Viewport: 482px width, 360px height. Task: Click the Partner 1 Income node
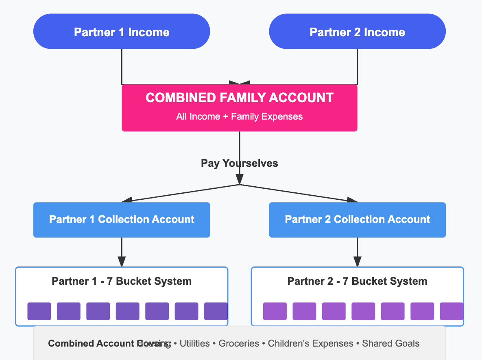pyautogui.click(x=121, y=32)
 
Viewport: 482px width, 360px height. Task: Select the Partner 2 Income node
pyautogui.click(x=357, y=32)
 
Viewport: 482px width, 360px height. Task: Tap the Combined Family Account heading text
pyautogui.click(x=239, y=98)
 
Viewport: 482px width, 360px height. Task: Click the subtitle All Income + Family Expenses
pyautogui.click(x=239, y=117)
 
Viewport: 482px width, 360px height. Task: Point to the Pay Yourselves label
pyautogui.click(x=239, y=164)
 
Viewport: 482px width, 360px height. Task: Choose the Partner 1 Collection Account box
pyautogui.click(x=121, y=220)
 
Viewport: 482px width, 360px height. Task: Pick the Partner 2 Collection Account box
pyautogui.click(x=357, y=220)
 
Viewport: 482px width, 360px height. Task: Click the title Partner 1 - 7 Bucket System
pyautogui.click(x=121, y=281)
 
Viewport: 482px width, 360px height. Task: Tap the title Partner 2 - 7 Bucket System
pyautogui.click(x=357, y=281)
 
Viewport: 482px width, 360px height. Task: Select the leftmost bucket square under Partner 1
pyautogui.click(x=39, y=311)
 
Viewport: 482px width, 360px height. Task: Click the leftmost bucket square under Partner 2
pyautogui.click(x=275, y=311)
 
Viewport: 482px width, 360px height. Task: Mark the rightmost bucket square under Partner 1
pyautogui.click(x=216, y=311)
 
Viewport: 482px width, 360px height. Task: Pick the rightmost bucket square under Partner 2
pyautogui.click(x=451, y=311)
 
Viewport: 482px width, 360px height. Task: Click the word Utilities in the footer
pyautogui.click(x=194, y=343)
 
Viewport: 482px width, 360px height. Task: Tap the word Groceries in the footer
pyautogui.click(x=239, y=343)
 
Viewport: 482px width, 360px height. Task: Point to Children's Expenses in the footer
pyautogui.click(x=310, y=343)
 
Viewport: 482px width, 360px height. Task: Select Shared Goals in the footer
pyautogui.click(x=390, y=343)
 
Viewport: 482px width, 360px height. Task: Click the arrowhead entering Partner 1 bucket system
pyautogui.click(x=122, y=262)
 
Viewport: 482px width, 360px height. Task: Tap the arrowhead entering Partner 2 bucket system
pyautogui.click(x=357, y=262)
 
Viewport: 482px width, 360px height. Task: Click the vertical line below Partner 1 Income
pyautogui.click(x=122, y=65)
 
